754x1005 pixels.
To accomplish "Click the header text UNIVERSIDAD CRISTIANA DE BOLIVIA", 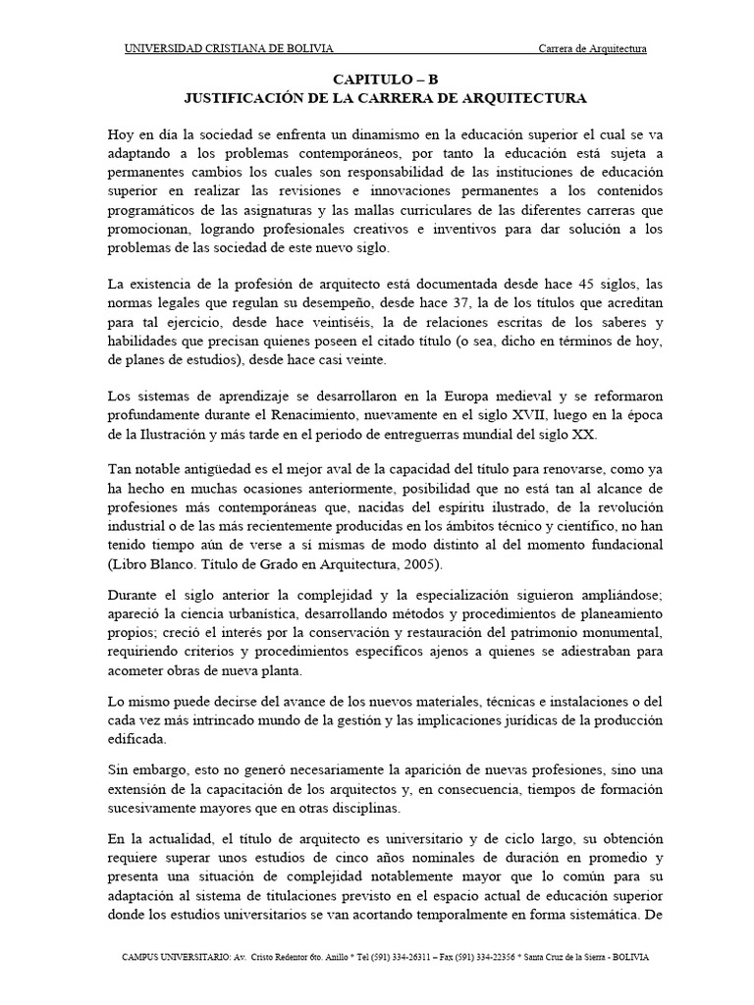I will [x=228, y=49].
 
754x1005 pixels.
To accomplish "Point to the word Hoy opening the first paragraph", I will [x=121, y=136].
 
